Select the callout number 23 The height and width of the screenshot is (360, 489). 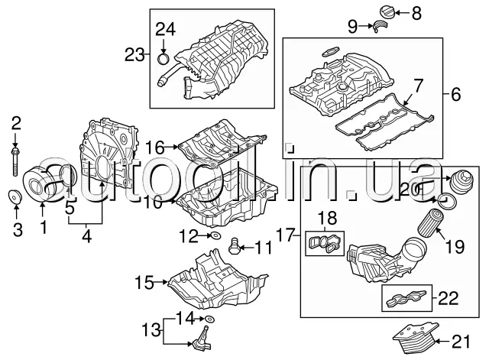pyautogui.click(x=134, y=54)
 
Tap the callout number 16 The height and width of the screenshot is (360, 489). pyautogui.click(x=155, y=146)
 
